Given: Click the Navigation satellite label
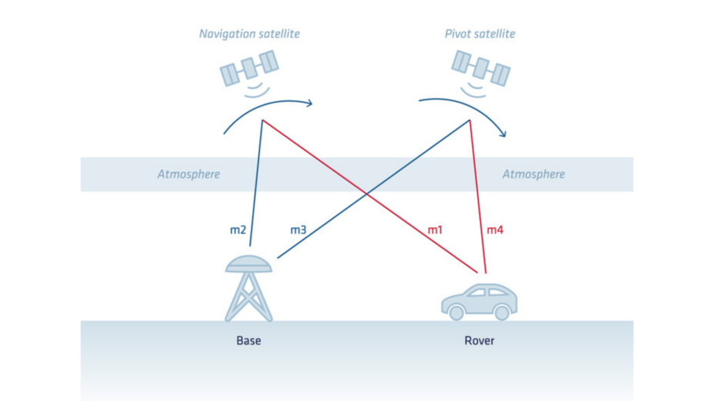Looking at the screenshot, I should [x=249, y=34].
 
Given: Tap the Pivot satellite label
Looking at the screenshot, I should [x=480, y=34].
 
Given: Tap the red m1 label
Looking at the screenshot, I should [x=436, y=229].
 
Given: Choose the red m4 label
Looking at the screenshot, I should [x=494, y=229].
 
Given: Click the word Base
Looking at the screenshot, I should [x=249, y=341].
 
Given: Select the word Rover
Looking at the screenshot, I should [x=480, y=341].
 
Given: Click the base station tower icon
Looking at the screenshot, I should [x=249, y=292].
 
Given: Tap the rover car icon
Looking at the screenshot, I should [x=480, y=301].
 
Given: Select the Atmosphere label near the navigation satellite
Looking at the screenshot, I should [x=188, y=174].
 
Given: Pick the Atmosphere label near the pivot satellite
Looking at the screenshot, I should [x=533, y=174].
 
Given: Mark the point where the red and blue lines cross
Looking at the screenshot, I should [x=367, y=194].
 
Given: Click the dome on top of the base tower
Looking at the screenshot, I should [x=249, y=263].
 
